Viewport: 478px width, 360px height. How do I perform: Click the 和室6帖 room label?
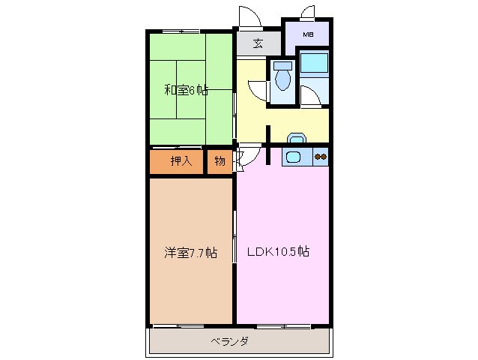[187, 90]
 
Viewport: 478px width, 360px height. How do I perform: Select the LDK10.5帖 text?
[279, 252]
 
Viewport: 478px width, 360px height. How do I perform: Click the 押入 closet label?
[181, 160]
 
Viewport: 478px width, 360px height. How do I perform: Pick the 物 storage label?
[220, 160]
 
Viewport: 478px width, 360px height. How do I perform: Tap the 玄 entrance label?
[257, 43]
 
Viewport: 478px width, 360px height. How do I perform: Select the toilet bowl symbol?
[282, 77]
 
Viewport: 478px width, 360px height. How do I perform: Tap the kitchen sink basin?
[294, 157]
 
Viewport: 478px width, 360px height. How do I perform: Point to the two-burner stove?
[321, 157]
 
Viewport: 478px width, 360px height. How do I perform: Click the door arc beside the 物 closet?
[242, 159]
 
